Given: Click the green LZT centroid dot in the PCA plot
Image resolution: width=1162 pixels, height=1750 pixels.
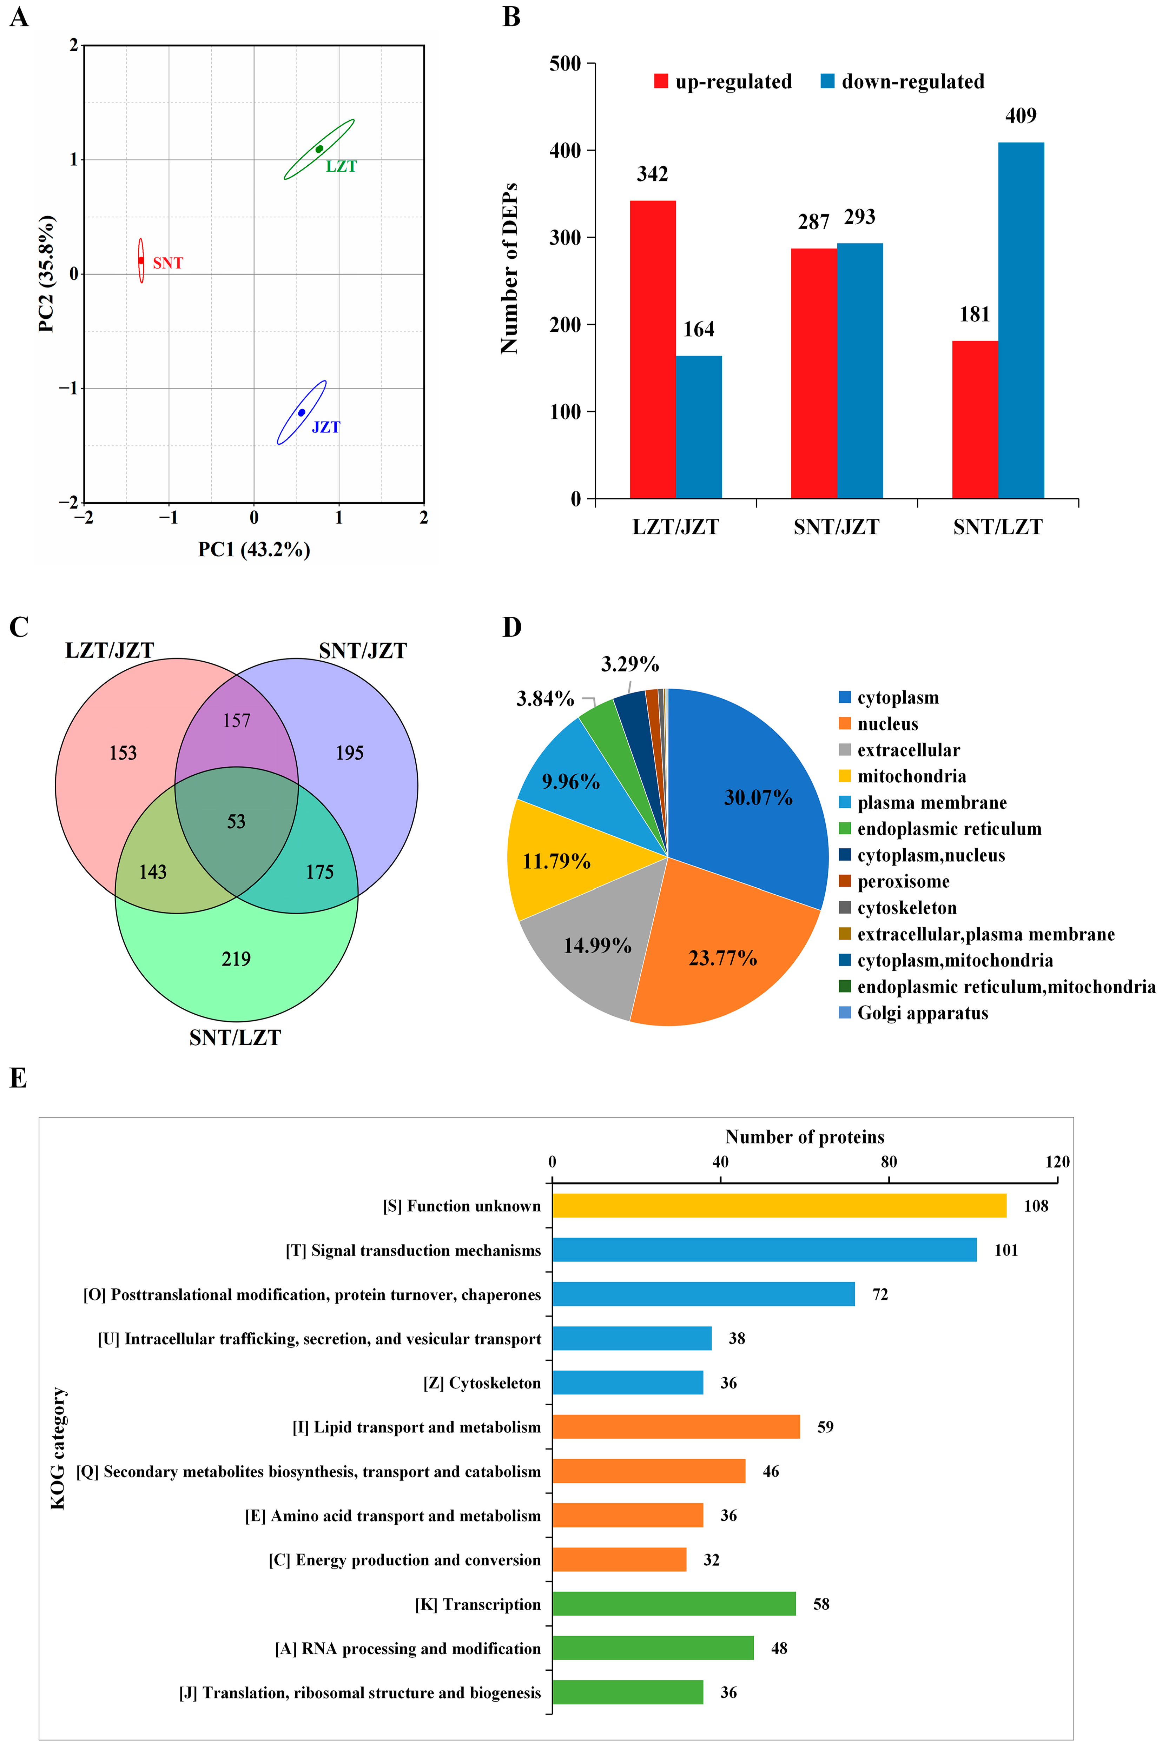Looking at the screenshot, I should click(x=319, y=149).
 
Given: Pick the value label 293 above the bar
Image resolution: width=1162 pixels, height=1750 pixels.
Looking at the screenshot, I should click(x=860, y=217).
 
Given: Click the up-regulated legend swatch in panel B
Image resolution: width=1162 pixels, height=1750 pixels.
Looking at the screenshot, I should click(x=661, y=81).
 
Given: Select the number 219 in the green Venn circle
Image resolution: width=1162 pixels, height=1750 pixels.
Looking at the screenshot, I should click(x=236, y=959).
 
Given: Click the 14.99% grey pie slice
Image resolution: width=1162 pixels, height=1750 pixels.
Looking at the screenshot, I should click(x=593, y=948).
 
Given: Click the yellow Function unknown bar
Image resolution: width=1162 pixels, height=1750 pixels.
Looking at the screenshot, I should click(x=778, y=1205).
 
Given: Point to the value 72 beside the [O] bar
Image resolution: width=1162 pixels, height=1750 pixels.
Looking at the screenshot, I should click(x=880, y=1294).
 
